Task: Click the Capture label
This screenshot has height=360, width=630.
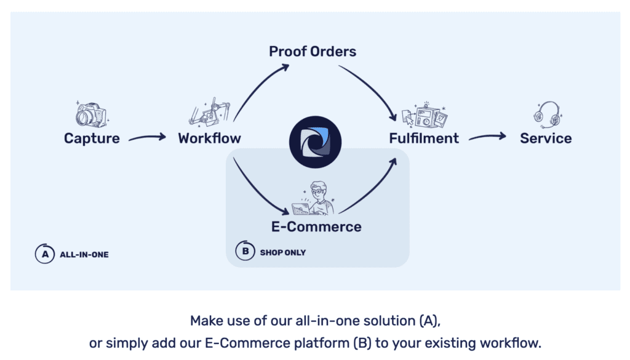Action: pos(92,138)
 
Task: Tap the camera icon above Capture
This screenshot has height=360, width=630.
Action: pos(91,114)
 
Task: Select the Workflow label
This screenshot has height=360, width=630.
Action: pos(209,138)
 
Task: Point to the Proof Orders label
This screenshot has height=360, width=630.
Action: pos(313,51)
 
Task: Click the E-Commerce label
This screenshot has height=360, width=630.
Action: pos(316,226)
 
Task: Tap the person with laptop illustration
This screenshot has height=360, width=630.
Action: pos(316,198)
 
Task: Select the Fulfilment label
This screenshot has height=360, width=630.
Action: pos(424,138)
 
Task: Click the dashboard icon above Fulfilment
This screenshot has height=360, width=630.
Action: pos(425,115)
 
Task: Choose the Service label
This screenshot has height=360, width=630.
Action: pos(546,138)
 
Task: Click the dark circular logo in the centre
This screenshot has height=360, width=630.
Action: pos(315,142)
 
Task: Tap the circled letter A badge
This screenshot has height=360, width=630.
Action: pos(44,254)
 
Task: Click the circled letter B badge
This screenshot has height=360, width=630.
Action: pos(245,252)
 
